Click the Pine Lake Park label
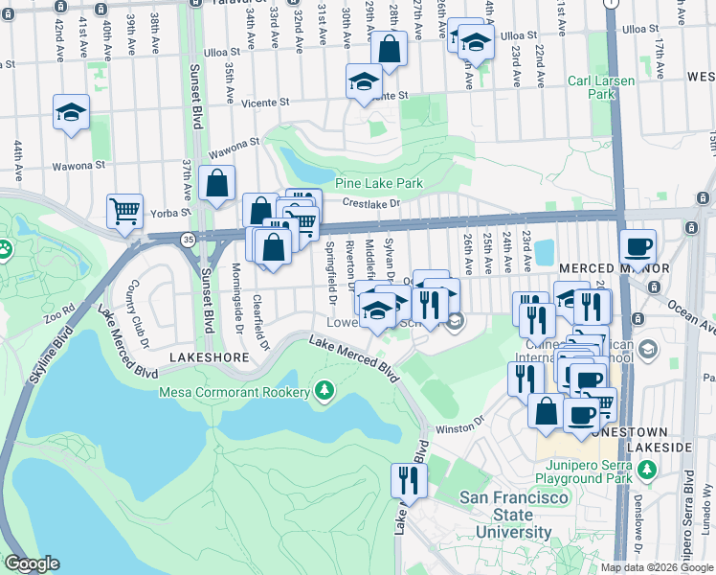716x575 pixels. (x=378, y=182)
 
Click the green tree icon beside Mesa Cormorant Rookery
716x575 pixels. (x=324, y=391)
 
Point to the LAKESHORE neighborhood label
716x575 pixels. (x=202, y=356)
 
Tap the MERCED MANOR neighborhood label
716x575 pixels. (x=613, y=267)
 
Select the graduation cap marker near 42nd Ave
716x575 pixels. (x=71, y=112)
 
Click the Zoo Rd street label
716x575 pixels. (x=61, y=314)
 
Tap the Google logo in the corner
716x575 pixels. (x=32, y=563)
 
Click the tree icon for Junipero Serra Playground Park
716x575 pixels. (x=649, y=470)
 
